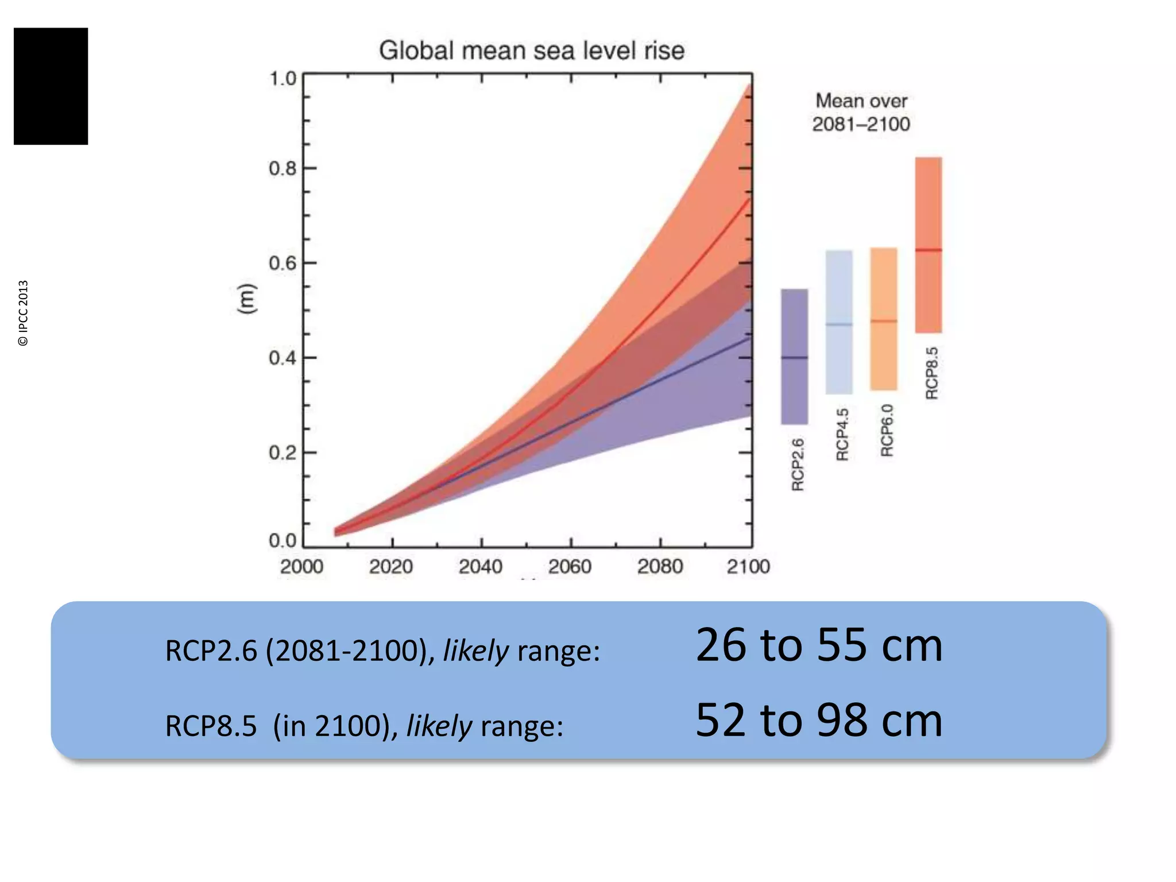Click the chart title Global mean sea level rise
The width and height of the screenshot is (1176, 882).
pos(531,51)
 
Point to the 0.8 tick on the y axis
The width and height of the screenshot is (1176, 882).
pos(283,169)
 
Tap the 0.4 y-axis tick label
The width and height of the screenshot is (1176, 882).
pos(283,358)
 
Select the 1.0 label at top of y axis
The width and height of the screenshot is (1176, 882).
pos(283,79)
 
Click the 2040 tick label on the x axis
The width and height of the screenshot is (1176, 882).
pos(480,567)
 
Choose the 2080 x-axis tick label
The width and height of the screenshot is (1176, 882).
pos(659,567)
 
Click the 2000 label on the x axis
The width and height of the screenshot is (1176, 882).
pos(301,567)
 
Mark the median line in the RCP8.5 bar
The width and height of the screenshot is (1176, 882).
pos(929,250)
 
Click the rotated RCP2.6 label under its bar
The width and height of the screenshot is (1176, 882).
pos(798,464)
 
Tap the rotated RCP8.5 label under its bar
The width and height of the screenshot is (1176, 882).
pos(931,373)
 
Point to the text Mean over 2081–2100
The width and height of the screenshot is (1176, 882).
pos(861,113)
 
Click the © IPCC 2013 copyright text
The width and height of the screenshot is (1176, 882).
pos(23,313)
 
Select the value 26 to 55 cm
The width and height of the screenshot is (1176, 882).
pos(819,645)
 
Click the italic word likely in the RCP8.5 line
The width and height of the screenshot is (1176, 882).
pos(439,726)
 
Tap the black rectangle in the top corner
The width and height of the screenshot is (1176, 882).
pos(51,86)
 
